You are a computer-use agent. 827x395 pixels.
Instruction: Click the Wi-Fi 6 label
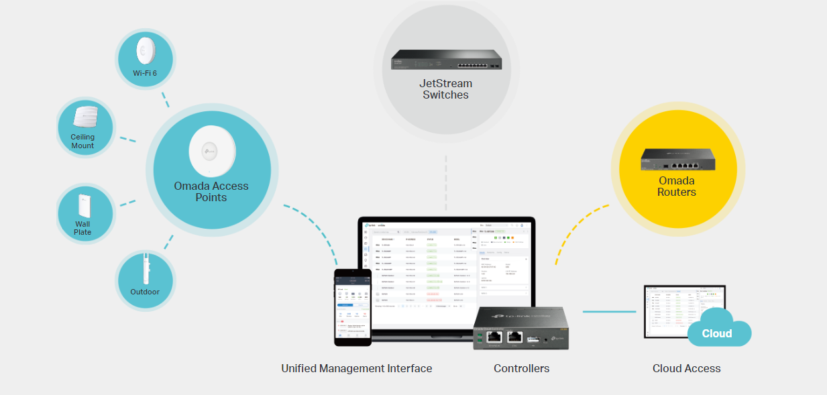[145, 72]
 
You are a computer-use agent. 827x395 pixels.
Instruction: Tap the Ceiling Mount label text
[82, 142]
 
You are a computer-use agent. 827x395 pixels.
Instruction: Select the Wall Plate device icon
[84, 205]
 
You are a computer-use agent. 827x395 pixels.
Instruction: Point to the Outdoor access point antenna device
[145, 270]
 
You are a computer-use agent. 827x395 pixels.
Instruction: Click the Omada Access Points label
[211, 192]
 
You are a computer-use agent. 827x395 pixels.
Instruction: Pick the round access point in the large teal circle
[212, 152]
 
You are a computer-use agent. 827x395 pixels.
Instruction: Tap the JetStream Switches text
[446, 89]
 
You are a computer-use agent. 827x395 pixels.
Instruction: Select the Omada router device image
[677, 159]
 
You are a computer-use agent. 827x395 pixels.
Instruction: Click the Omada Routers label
[677, 186]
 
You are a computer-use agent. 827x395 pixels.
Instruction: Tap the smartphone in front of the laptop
[353, 307]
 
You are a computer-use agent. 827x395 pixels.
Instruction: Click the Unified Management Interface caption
[356, 368]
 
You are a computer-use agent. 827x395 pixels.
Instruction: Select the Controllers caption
[521, 368]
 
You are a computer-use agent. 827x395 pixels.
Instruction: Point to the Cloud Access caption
[686, 368]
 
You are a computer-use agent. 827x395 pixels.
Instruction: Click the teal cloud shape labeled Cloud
[718, 329]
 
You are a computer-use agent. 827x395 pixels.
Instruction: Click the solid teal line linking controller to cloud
[609, 311]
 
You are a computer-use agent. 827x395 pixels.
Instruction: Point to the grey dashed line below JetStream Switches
[446, 181]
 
